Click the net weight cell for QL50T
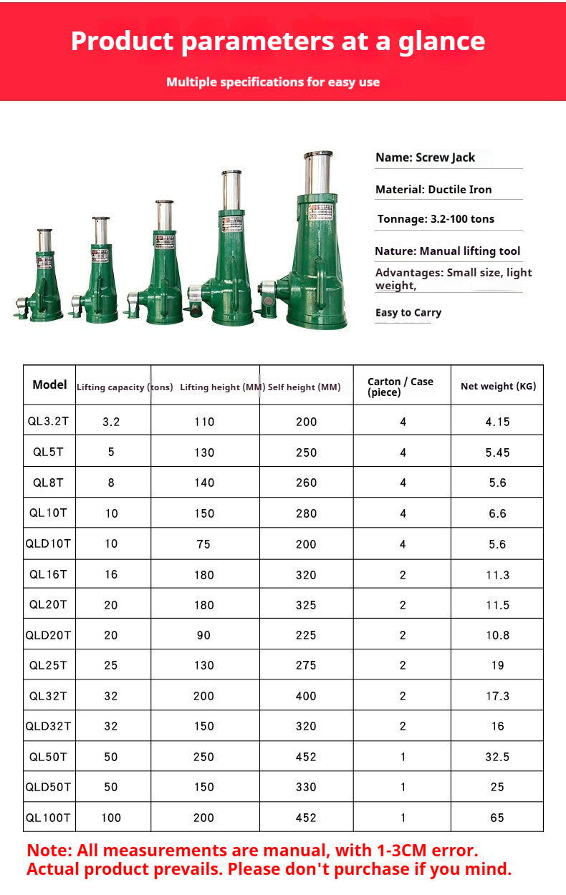coord(497,757)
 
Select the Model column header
coord(49,385)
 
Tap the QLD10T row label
coord(49,544)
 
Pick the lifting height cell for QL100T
coord(204,818)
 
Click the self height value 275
coord(306,665)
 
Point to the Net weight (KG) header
coord(498,387)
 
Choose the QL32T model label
coord(49,696)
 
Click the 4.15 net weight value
coord(497,422)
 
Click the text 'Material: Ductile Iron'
coord(433,190)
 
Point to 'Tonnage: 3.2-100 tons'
coord(436,219)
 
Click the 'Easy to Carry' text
coord(408,313)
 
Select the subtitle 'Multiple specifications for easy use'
coord(273,82)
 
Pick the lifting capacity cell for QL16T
coord(111,574)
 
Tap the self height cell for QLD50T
coord(306,787)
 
